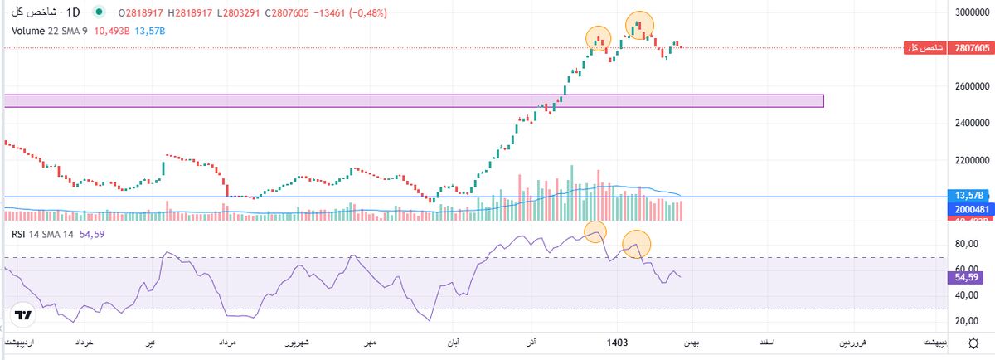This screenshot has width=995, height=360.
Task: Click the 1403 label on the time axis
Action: pos(616,342)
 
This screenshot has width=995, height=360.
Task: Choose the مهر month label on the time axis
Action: pos(369,342)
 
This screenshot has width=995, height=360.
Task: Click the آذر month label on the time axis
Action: pos(531,342)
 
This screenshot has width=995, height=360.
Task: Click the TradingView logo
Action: pos(23,316)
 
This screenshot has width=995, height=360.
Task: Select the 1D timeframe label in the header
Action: pos(73,13)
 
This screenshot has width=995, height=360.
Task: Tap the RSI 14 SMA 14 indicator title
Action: pos(42,234)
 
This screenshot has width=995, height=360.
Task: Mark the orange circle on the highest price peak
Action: pos(638,25)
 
